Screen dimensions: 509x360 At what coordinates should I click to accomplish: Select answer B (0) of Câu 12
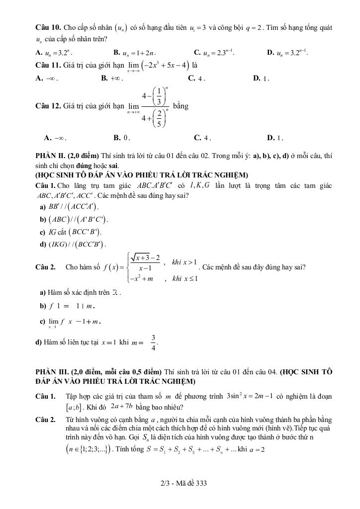pos(122,138)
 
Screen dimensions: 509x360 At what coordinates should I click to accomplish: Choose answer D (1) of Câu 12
pos(275,138)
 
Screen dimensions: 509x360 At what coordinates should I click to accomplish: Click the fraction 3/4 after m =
pos(154,342)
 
